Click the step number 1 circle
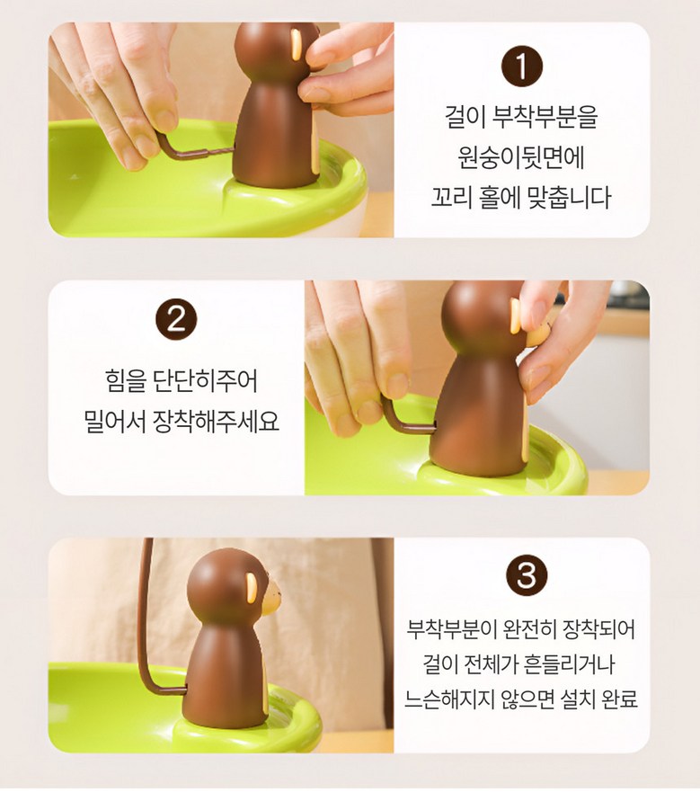pos(522,67)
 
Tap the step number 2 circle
pos(176,319)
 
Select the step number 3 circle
pos(527,574)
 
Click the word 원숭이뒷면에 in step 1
pos(521,156)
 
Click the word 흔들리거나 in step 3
pos(569,663)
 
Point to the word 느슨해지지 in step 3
pos(449,699)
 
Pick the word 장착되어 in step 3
pos(598,629)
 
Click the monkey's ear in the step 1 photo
pos(297,44)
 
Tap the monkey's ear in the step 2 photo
pos(516,316)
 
